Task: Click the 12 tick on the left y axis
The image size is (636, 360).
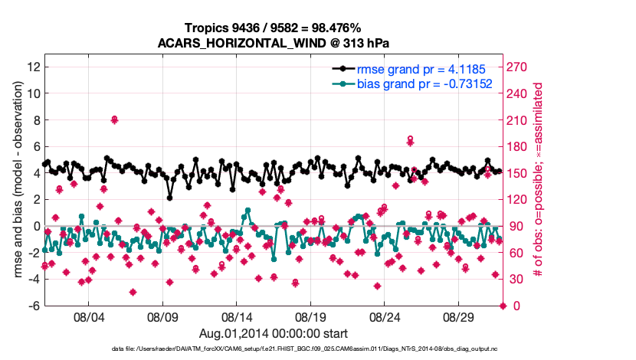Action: [32, 67]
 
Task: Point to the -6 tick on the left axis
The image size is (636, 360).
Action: [34, 306]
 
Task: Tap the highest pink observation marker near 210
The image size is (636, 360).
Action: [114, 119]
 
